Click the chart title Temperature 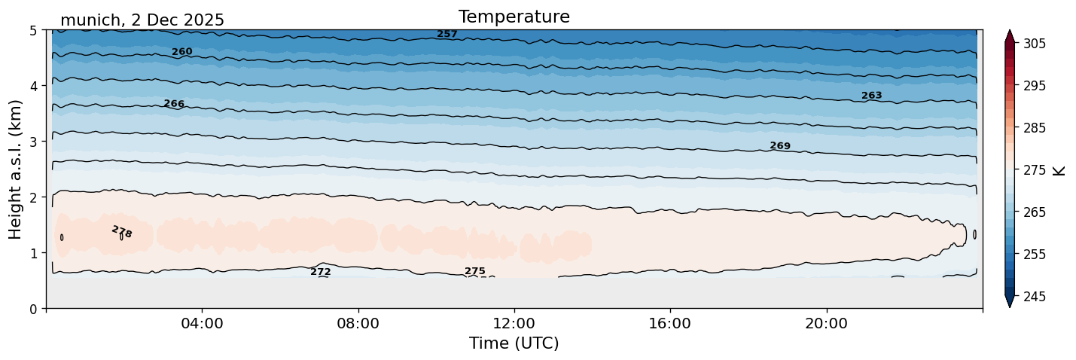tap(514, 17)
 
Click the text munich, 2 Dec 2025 tap(142, 20)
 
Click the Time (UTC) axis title tap(514, 343)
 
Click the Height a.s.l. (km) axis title tap(16, 169)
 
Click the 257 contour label tap(447, 34)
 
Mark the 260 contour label tap(182, 52)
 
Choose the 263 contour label tap(871, 96)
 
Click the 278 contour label tap(121, 232)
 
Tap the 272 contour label tap(321, 272)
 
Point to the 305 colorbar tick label tap(1032, 44)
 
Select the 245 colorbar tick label tap(1032, 297)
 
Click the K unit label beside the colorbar tap(1060, 170)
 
